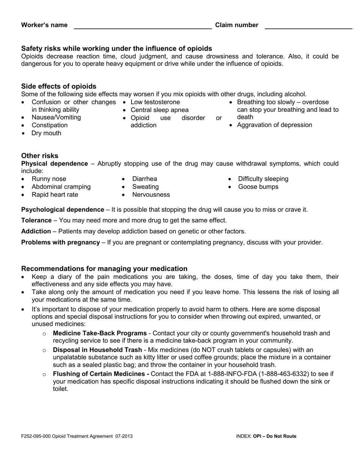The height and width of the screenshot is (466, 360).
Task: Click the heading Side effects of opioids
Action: [x=59, y=86]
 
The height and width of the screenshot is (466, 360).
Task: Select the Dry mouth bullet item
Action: [x=46, y=133]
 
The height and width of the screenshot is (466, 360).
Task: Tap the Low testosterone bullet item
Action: [x=155, y=102]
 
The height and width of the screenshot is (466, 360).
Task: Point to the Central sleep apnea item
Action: [x=159, y=110]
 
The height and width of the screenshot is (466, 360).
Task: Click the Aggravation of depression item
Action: [x=274, y=125]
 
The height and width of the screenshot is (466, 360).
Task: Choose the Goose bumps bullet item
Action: [x=258, y=187]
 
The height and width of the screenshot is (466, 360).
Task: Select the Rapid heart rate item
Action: [x=55, y=195]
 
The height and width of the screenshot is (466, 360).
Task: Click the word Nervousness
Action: [x=151, y=195]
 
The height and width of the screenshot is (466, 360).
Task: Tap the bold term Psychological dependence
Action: [x=63, y=210]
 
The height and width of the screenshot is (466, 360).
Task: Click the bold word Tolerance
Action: [x=36, y=220]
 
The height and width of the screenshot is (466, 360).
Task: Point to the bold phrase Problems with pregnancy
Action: [x=61, y=242]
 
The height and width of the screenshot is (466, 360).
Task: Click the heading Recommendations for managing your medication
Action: [x=104, y=269]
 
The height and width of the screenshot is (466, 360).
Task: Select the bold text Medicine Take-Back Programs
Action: [x=100, y=333]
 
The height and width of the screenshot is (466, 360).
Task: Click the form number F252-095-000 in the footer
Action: [x=36, y=436]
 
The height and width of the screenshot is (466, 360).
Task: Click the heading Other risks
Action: [x=40, y=156]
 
